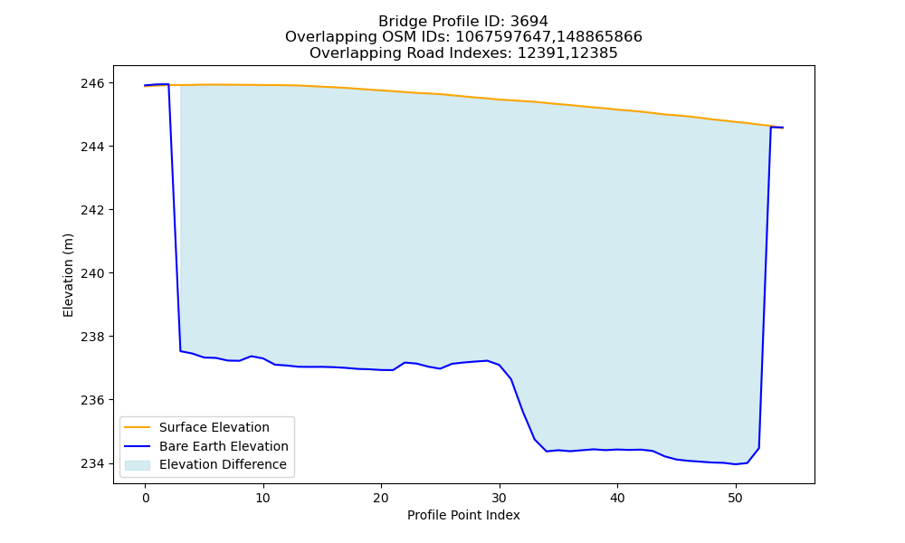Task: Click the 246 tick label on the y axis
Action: (92, 83)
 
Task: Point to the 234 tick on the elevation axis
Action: (92, 463)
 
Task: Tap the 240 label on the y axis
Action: (92, 273)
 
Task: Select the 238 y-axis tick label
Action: (92, 337)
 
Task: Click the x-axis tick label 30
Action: (500, 498)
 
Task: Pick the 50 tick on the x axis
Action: (735, 498)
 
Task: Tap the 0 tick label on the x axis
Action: (146, 498)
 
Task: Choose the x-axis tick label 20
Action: (381, 498)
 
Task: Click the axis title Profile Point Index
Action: (463, 515)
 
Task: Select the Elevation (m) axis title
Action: (68, 275)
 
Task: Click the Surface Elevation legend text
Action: (214, 427)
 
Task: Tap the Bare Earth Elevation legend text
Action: (224, 446)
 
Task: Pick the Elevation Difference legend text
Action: (223, 464)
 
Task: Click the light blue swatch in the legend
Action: (138, 465)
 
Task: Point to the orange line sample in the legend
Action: (138, 427)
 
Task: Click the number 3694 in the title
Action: (529, 22)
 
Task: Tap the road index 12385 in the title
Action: (593, 53)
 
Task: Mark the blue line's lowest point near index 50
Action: (735, 464)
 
